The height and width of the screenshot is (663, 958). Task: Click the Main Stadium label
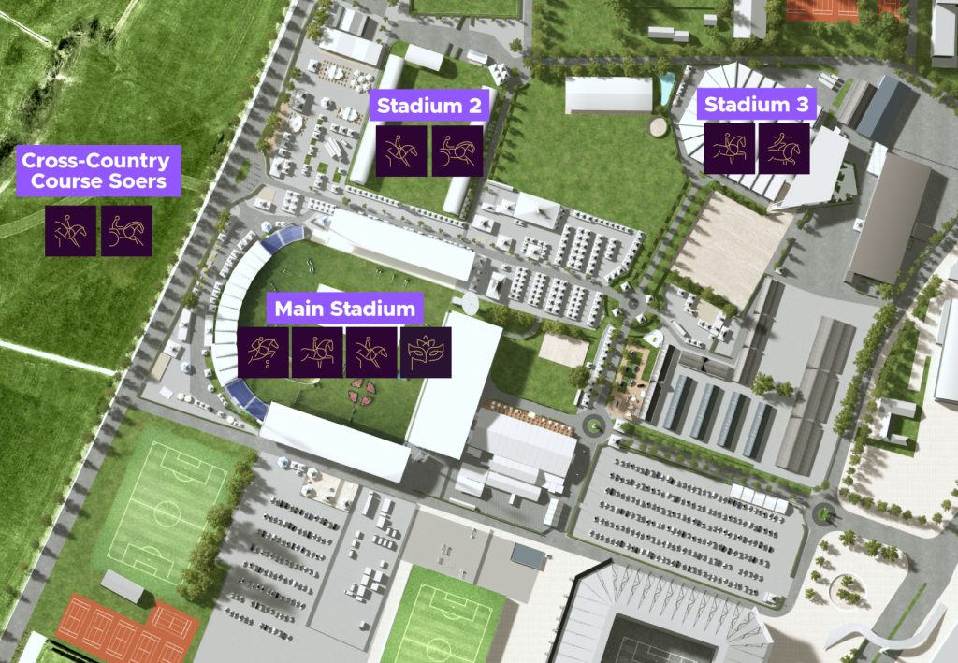(344, 309)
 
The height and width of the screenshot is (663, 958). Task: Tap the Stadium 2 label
(428, 106)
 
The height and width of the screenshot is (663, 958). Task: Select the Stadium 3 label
(756, 105)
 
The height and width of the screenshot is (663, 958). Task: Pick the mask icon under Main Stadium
(427, 353)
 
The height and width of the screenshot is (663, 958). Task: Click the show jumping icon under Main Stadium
(263, 353)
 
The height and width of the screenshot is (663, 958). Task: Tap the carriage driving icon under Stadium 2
(457, 151)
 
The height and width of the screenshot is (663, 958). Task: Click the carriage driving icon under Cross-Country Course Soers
(126, 231)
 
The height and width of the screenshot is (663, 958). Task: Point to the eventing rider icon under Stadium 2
(402, 151)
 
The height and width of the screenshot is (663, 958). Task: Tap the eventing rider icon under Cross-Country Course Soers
(71, 231)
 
